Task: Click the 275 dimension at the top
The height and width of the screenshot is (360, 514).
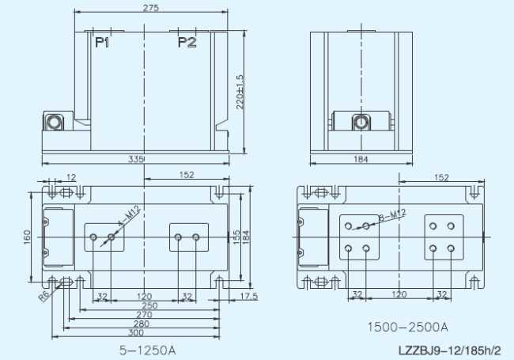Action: click(151, 8)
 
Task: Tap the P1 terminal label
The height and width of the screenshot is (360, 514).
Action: click(102, 43)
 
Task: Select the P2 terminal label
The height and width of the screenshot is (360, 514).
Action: click(187, 43)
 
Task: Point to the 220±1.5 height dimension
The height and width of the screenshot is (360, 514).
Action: click(240, 92)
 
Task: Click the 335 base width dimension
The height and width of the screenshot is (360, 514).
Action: click(136, 159)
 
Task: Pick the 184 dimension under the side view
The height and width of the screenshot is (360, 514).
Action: click(361, 159)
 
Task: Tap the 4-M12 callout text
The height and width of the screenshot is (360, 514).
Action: click(129, 216)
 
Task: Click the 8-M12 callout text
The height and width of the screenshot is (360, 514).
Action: click(392, 215)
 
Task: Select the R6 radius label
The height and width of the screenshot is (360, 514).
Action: click(43, 296)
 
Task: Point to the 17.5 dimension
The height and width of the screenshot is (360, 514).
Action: click(249, 297)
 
